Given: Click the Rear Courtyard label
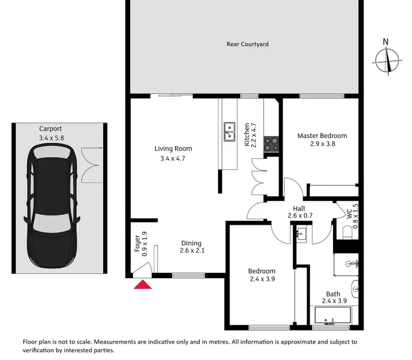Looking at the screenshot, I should pyautogui.click(x=248, y=44).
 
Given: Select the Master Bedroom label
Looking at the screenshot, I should pyautogui.click(x=322, y=136).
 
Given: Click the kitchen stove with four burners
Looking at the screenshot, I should pyautogui.click(x=271, y=143).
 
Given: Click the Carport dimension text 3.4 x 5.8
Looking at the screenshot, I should pyautogui.click(x=52, y=138).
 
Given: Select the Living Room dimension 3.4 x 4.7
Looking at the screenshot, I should pyautogui.click(x=173, y=159).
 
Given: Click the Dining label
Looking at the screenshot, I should pyautogui.click(x=191, y=243).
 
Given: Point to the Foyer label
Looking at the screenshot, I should pyautogui.click(x=137, y=243).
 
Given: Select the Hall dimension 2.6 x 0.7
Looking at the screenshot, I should pyautogui.click(x=300, y=216).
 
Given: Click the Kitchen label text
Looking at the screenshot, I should pyautogui.click(x=247, y=134).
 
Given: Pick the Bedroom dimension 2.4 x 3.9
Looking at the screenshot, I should pyautogui.click(x=261, y=280).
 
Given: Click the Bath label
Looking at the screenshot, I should pyautogui.click(x=333, y=294).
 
